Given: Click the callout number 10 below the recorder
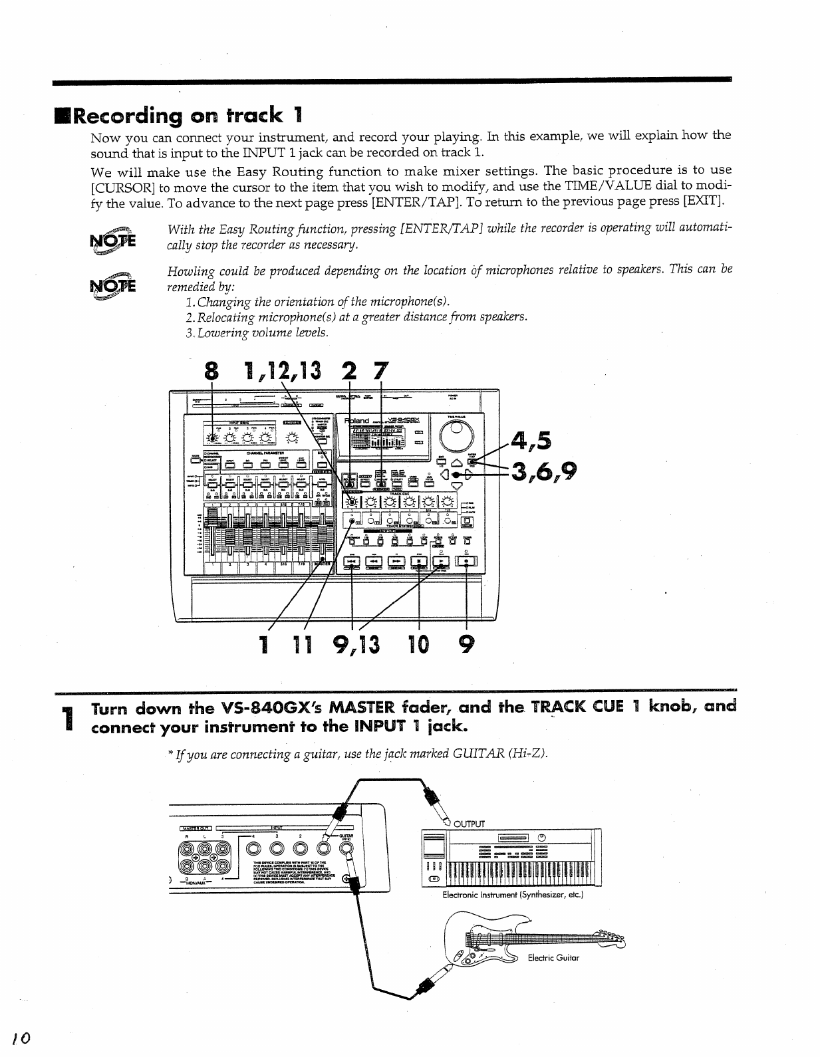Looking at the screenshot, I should [420, 644].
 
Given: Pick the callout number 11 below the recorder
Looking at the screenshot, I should [305, 644].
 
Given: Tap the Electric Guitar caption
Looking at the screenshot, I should [553, 958].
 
